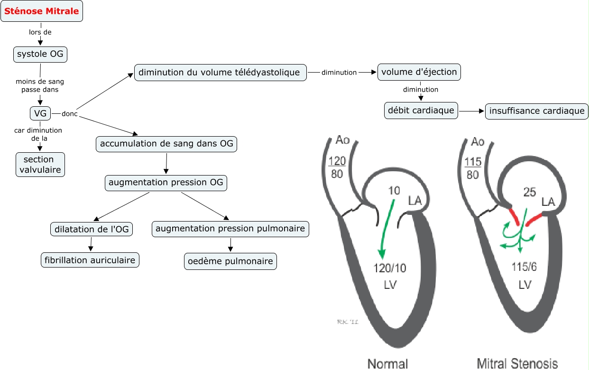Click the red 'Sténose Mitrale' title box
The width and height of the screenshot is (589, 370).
coord(42,11)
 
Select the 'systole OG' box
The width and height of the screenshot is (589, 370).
coord(40,55)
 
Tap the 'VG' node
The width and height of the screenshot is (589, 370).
coord(40,113)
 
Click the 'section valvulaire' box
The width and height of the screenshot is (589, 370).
coord(40,164)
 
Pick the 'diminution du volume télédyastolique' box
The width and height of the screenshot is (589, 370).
coord(220,73)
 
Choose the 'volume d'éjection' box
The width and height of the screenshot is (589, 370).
coord(419,73)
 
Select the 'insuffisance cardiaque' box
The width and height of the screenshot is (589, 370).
coord(537,111)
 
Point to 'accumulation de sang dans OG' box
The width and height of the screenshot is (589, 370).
coord(166,144)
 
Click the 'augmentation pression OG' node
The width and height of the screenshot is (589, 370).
coord(166,183)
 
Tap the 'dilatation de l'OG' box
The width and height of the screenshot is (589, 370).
coord(91,230)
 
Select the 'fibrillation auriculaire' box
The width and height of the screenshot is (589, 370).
coord(90,260)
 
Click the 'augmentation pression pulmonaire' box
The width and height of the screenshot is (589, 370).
coord(231,229)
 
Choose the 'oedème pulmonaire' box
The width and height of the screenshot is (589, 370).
coord(230,261)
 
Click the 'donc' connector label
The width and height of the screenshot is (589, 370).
coord(69,114)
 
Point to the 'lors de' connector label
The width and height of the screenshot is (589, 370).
coord(40,32)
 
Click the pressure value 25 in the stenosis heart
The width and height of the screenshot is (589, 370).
coord(529,192)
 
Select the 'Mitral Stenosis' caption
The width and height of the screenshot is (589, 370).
coord(517,363)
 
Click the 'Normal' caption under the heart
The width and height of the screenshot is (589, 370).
coord(388,363)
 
